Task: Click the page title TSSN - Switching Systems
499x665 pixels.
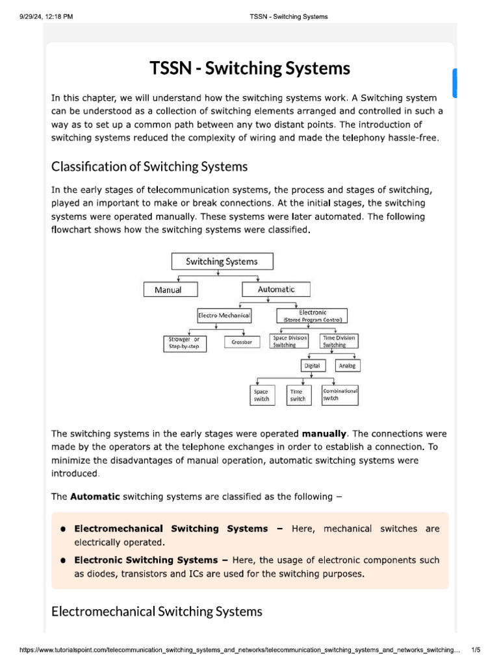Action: pos(250,68)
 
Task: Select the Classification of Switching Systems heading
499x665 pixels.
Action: pos(149,167)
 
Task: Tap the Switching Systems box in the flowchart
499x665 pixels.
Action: pos(222,262)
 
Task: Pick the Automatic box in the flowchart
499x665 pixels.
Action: pos(276,290)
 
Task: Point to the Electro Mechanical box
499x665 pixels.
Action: pos(224,316)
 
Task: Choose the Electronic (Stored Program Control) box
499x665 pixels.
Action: pos(312,316)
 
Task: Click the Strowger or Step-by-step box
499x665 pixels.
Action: pos(185,342)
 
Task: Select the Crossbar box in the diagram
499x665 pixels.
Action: pos(242,342)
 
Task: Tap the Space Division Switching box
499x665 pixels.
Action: pos(289,342)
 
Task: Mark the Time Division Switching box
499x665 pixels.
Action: pos(339,342)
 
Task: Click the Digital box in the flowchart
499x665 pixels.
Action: pos(312,366)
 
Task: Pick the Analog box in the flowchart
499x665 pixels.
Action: pos(348,366)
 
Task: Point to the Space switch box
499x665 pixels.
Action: pos(261,395)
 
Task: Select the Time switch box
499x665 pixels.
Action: pos(298,395)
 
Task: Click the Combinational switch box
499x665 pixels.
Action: pos(340,395)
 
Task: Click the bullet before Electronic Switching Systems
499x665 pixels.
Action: pos(64,560)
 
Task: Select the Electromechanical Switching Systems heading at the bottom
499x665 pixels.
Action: pos(157,612)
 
